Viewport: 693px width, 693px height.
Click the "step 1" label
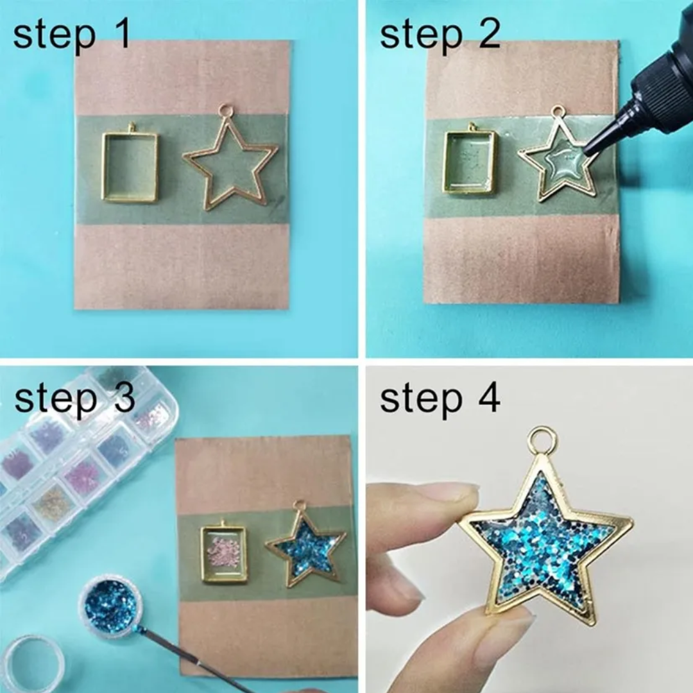point(72,35)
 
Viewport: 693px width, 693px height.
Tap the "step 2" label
point(440,35)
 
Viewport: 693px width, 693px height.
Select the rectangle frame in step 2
point(445,161)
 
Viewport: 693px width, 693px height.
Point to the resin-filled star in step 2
point(558,159)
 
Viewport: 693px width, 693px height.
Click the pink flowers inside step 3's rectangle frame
point(224,554)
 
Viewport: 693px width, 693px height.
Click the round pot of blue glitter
point(110,604)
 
